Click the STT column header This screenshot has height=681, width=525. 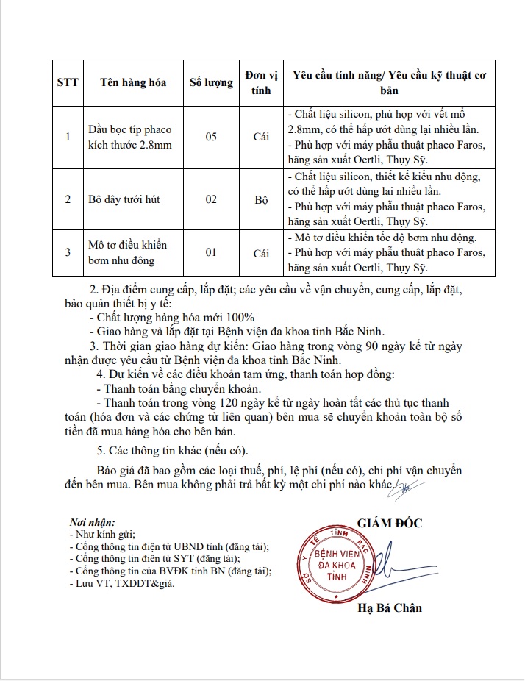click(68, 82)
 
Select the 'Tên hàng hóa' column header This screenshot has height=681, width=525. click(133, 82)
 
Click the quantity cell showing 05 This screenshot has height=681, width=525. click(211, 138)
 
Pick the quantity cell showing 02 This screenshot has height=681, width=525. click(211, 199)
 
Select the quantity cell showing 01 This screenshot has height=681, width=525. click(211, 252)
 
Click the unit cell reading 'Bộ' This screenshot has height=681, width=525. click(261, 199)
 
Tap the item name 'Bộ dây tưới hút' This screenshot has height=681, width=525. click(124, 199)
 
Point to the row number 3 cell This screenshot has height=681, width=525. click(68, 252)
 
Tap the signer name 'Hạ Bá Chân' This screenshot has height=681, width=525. click(390, 608)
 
